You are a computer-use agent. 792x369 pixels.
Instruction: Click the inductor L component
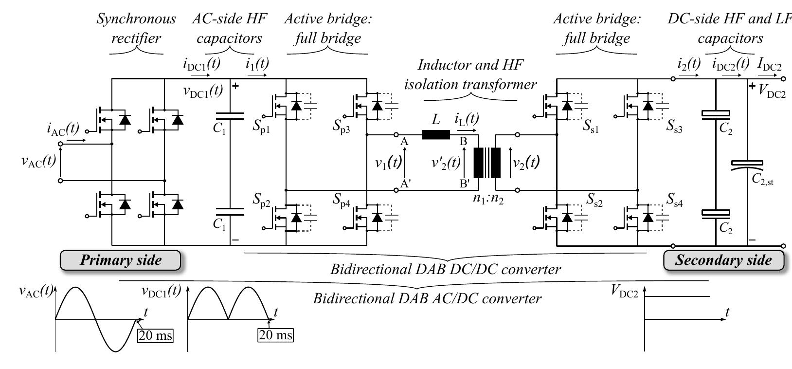coord(436,134)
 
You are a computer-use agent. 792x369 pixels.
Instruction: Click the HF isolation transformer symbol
coord(487,163)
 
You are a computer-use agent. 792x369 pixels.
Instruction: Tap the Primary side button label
coord(120,260)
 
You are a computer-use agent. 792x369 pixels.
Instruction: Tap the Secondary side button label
coord(724,260)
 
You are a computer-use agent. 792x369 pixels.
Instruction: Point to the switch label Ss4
coord(674,201)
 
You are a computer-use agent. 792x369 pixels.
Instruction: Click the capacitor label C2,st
coord(762,180)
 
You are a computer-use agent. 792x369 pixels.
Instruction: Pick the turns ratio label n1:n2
coord(488,198)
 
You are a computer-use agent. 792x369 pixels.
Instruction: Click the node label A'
coord(405,184)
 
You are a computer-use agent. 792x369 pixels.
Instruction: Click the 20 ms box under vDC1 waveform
coord(276,335)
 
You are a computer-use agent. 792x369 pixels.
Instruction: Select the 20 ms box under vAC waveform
coord(155,335)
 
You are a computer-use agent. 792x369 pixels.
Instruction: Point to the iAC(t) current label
coord(63,129)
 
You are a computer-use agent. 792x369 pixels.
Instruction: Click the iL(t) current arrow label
coord(467,119)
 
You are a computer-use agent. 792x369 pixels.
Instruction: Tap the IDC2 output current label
coord(770,63)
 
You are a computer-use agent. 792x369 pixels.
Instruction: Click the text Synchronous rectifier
coord(136,28)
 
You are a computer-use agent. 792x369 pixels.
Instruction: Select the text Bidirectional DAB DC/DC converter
coord(445,269)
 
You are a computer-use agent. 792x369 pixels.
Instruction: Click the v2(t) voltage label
coord(526,162)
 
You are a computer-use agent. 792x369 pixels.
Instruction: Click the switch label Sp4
coord(342,201)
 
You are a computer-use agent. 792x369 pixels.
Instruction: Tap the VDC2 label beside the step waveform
coord(625,291)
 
